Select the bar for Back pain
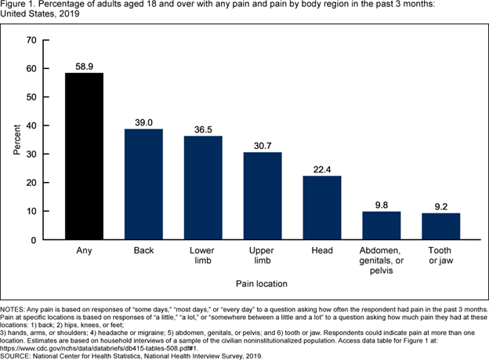point(143,184)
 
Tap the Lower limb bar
point(203,187)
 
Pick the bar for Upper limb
point(263,195)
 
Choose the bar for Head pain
point(322,207)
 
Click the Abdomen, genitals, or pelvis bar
point(382,225)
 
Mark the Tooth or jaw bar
point(441,226)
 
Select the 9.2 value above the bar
point(441,205)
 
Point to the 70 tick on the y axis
point(31,40)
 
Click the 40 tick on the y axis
point(31,125)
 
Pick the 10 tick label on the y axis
point(31,211)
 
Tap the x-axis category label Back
point(143,253)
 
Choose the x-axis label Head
point(322,253)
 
